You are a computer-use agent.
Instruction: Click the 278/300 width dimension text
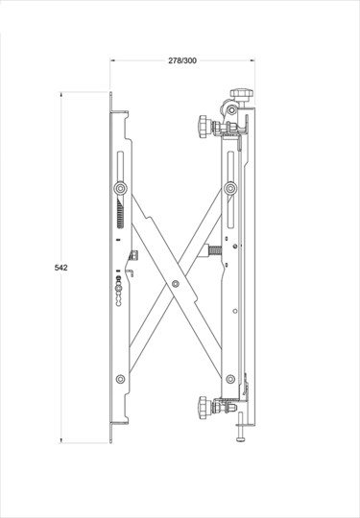(x=182, y=59)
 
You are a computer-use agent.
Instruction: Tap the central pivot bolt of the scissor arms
(x=175, y=285)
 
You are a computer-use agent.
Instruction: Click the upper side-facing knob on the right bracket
(x=204, y=125)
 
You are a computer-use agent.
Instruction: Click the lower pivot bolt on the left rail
(x=119, y=379)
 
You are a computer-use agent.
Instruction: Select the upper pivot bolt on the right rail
(x=231, y=188)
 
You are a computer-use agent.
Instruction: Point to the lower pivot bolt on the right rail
(x=231, y=379)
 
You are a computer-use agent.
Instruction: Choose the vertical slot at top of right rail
(x=231, y=162)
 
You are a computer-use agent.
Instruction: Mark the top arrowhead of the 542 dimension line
(x=65, y=96)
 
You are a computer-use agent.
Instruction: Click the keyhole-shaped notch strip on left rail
(x=119, y=289)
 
